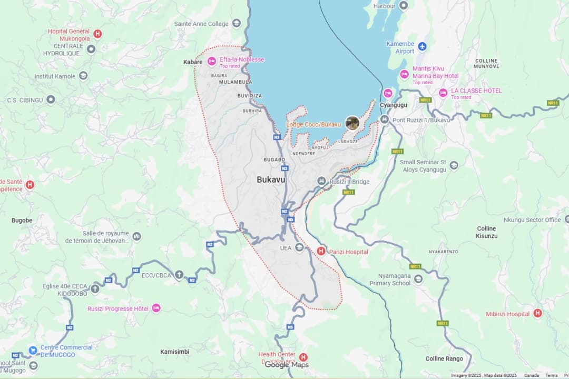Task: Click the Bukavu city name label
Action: point(271,179)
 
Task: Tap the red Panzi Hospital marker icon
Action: point(321,251)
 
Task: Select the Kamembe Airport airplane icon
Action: point(422,47)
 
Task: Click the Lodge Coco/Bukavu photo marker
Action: point(352,123)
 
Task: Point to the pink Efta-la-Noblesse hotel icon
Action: point(212,62)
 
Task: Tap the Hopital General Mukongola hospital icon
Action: point(97,34)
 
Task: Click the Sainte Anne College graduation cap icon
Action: point(237,23)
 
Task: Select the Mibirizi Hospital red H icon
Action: point(537,313)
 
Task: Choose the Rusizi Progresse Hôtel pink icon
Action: point(156,308)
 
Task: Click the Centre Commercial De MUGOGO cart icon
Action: point(33,350)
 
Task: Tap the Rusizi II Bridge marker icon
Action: point(321,181)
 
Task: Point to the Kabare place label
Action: point(193,62)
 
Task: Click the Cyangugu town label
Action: point(394,105)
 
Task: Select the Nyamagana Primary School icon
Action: point(418,279)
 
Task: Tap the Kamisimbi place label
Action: point(174,351)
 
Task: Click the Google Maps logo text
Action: point(287,364)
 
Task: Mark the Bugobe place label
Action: point(22,220)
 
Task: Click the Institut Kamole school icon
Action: point(83,76)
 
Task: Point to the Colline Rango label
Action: point(444,358)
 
